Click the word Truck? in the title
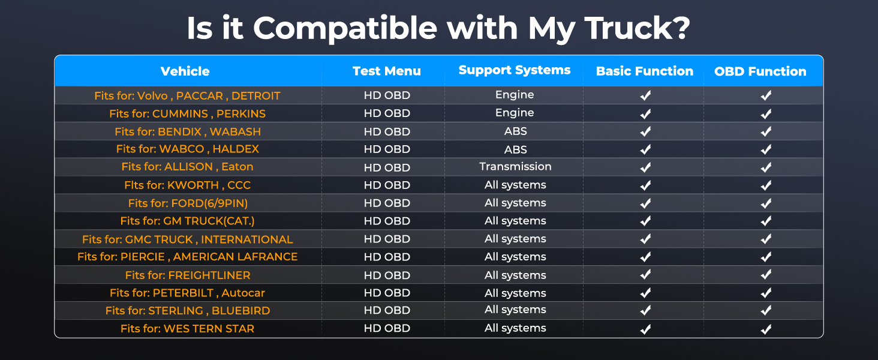637,28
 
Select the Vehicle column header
185,71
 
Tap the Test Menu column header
386,71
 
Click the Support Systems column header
514,70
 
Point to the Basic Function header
644,71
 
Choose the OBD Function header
760,71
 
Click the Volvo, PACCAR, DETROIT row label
187,95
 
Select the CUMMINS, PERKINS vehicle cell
187,114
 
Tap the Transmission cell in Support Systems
515,166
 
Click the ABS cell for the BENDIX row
515,131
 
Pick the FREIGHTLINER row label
187,275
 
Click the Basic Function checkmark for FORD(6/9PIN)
645,203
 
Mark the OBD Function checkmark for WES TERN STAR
766,329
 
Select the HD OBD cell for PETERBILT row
387,293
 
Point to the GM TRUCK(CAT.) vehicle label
187,221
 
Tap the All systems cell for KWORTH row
515,185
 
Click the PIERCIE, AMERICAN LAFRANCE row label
187,257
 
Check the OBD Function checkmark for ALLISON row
766,167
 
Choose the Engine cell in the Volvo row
515,95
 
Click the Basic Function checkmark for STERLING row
645,311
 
